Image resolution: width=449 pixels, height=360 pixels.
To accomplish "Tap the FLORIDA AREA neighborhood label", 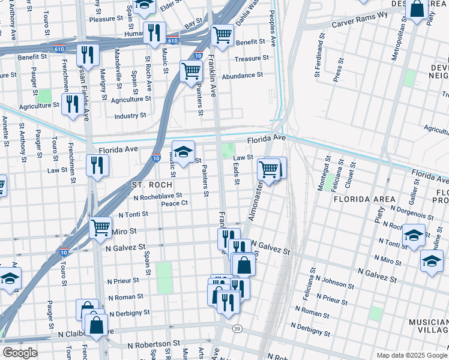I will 364,199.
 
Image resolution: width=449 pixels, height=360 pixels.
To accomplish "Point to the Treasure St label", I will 252,58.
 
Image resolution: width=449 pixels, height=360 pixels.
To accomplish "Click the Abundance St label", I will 243,75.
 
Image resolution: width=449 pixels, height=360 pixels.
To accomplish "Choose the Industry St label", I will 130,115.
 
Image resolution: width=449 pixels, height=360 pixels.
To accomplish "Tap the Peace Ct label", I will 175,203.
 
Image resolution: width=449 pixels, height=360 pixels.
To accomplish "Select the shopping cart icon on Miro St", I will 100,227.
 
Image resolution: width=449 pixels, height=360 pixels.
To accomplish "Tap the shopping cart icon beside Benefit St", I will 222,35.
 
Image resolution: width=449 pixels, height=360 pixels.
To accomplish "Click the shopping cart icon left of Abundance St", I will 191,70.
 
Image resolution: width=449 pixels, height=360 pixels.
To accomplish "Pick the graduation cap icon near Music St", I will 184,151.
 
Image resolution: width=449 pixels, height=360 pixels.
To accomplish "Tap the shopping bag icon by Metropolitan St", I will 416,9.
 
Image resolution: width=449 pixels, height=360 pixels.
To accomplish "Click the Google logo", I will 20,353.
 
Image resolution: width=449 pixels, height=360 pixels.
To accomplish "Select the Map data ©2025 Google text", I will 411,355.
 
